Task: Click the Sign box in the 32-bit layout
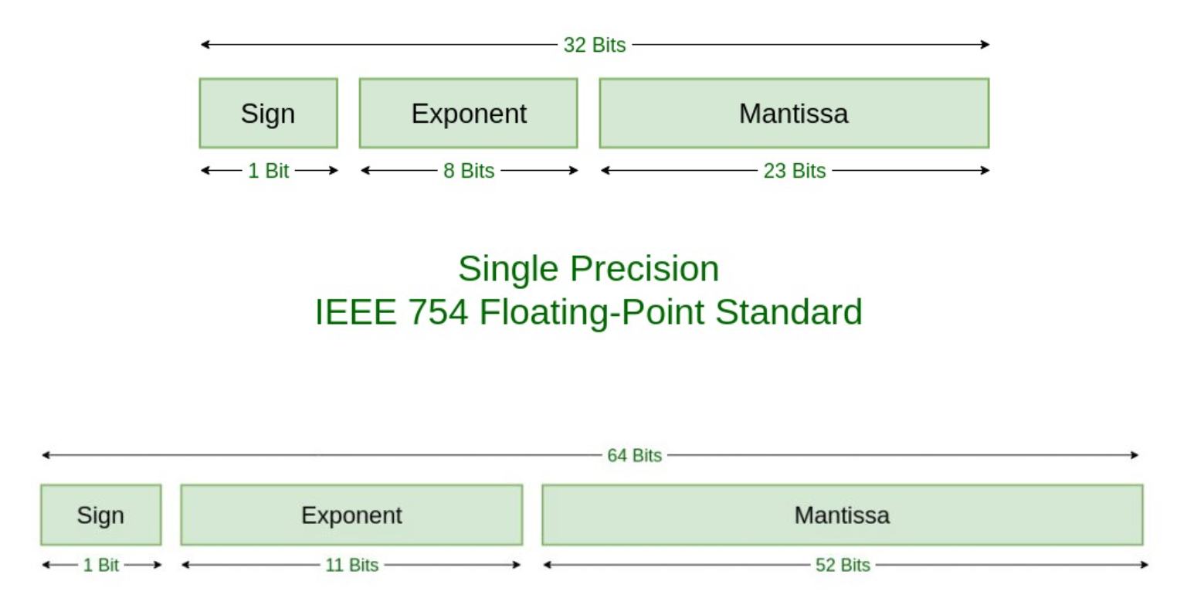pyautogui.click(x=269, y=113)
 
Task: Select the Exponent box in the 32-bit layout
pyautogui.click(x=469, y=113)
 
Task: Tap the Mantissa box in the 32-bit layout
pyautogui.click(x=794, y=113)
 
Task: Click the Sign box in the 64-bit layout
pyautogui.click(x=100, y=515)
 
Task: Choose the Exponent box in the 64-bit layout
pyautogui.click(x=352, y=515)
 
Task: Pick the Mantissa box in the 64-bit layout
pyautogui.click(x=843, y=515)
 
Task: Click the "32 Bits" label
pyautogui.click(x=595, y=45)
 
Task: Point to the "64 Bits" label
pyautogui.click(x=634, y=455)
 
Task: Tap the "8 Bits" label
pyautogui.click(x=469, y=171)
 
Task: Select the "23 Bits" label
pyautogui.click(x=795, y=171)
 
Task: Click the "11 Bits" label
pyautogui.click(x=352, y=565)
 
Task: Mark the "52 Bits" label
pyautogui.click(x=843, y=565)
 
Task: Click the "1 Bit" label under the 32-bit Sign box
pyautogui.click(x=269, y=171)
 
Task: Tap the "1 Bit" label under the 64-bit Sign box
pyautogui.click(x=100, y=565)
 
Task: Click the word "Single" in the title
pyautogui.click(x=508, y=269)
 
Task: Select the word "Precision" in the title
pyautogui.click(x=645, y=268)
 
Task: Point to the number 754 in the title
pyautogui.click(x=438, y=312)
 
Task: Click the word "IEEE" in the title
pyautogui.click(x=356, y=312)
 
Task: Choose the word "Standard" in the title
pyautogui.click(x=789, y=312)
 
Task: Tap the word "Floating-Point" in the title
pyautogui.click(x=592, y=313)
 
